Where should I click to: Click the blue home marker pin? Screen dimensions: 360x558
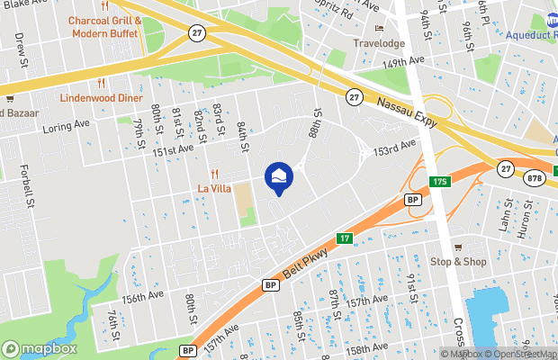[278, 175]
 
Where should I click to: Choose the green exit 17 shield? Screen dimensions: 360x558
[344, 238]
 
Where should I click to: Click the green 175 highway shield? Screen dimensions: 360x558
[439, 183]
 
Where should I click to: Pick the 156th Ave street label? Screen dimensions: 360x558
[143, 295]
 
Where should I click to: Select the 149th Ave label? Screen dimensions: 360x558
[401, 64]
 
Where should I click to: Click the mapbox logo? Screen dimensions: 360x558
[40, 348]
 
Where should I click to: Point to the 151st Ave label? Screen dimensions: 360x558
[173, 150]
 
